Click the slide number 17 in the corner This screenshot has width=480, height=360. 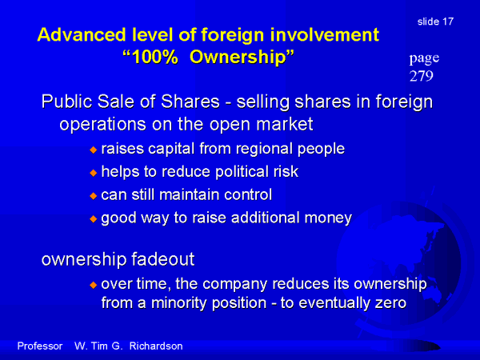[x=447, y=22]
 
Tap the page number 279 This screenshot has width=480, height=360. [x=422, y=76]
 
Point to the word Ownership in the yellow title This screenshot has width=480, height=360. [x=238, y=58]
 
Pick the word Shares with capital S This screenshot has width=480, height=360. [x=190, y=102]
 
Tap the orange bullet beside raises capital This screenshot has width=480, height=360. [x=93, y=150]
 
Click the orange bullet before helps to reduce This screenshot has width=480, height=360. [x=93, y=173]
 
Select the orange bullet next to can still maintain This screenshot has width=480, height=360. [x=93, y=196]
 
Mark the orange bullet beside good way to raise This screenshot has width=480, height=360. [x=93, y=219]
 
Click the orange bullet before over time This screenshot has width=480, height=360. [x=93, y=285]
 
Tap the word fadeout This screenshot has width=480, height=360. [x=163, y=259]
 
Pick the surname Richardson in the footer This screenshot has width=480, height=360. [x=156, y=346]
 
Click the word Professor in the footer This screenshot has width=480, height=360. [x=40, y=346]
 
